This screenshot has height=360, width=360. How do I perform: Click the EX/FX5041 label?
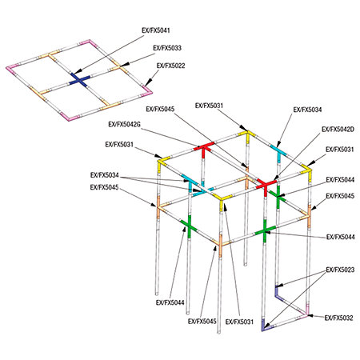click(x=156, y=30)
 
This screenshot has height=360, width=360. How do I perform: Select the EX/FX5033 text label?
click(x=167, y=48)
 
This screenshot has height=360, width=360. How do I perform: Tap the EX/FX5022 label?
click(x=171, y=66)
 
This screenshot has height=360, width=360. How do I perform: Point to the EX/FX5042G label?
click(x=124, y=124)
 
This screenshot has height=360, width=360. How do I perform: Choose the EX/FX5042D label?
click(x=338, y=130)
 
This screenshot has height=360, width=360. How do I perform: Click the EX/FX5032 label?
click(x=339, y=318)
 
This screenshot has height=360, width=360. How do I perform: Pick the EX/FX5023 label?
click(x=340, y=270)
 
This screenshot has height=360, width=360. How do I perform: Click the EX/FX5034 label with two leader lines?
click(x=105, y=175)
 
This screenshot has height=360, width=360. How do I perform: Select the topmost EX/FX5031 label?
click(x=209, y=106)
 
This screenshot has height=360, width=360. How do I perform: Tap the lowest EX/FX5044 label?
click(x=170, y=302)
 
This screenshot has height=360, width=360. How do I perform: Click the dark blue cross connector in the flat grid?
click(x=79, y=80)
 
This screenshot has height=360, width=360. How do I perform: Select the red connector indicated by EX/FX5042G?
click(x=204, y=150)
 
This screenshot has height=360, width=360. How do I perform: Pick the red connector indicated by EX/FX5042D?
click(x=266, y=186)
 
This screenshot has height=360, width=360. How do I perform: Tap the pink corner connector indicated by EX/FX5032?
click(x=306, y=313)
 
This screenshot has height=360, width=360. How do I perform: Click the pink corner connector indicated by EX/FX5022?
click(x=146, y=90)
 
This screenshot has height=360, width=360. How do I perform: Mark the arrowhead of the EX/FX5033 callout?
click(x=125, y=64)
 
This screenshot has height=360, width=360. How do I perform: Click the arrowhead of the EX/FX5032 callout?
click(x=311, y=316)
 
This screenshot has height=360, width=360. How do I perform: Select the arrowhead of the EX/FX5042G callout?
click(x=198, y=146)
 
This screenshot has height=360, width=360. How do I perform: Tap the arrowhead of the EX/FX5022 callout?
click(x=146, y=84)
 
